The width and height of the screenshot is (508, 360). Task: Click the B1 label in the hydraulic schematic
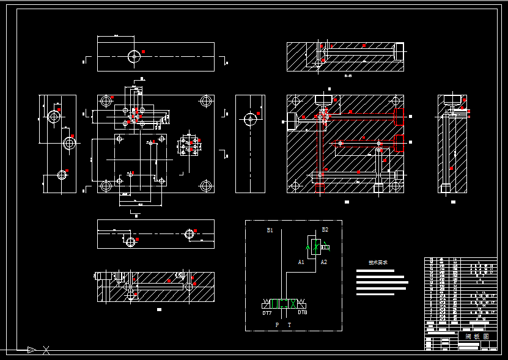pyautogui.click(x=270, y=230)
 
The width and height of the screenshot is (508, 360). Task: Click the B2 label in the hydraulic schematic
pyautogui.click(x=325, y=230)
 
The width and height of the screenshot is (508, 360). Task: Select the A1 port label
pyautogui.click(x=301, y=262)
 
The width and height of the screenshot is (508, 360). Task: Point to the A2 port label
pyautogui.click(x=324, y=262)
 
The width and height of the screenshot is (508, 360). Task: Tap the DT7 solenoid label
pyautogui.click(x=267, y=313)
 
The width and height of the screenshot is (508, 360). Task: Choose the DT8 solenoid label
pyautogui.click(x=303, y=312)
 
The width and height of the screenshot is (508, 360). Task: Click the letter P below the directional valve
pyautogui.click(x=276, y=325)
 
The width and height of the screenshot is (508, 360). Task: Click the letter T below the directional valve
pyautogui.click(x=290, y=325)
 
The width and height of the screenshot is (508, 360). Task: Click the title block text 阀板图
pyautogui.click(x=477, y=336)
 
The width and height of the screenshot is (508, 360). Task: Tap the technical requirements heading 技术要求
pyautogui.click(x=378, y=263)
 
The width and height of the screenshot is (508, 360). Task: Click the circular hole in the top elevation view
pyautogui.click(x=134, y=56)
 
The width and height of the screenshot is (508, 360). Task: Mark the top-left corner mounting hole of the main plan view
pyautogui.click(x=107, y=100)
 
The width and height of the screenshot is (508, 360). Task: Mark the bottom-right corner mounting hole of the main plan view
pyautogui.click(x=205, y=185)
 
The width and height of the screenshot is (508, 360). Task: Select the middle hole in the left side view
pyautogui.click(x=69, y=143)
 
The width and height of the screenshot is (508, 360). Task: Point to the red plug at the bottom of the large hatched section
pyautogui.click(x=320, y=187)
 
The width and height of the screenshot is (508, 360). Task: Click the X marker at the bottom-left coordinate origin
pyautogui.click(x=46, y=350)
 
